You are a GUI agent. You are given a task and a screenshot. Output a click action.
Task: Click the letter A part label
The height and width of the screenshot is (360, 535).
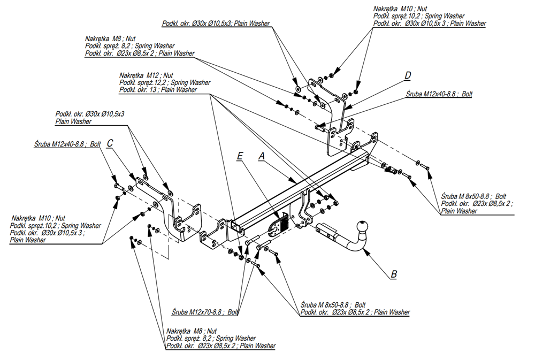pyautogui.click(x=262, y=155)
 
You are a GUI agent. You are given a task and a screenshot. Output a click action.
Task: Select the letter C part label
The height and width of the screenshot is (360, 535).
pyautogui.click(x=110, y=143)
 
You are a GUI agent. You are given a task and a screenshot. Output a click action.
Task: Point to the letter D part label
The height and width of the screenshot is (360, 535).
pyautogui.click(x=408, y=74)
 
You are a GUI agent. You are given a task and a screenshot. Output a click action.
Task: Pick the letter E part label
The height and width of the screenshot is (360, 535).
pyautogui.click(x=240, y=155)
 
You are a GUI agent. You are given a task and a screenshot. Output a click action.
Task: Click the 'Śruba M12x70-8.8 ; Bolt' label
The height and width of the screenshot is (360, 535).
pyautogui.click(x=205, y=312)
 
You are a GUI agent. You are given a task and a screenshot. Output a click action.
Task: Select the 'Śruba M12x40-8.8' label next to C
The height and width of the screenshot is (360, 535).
pyautogui.click(x=67, y=144)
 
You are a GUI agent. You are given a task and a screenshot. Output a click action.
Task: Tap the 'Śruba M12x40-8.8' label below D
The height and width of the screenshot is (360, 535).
pyautogui.click(x=439, y=94)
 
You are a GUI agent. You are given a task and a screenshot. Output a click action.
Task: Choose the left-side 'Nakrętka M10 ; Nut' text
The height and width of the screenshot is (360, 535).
pyautogui.click(x=38, y=218)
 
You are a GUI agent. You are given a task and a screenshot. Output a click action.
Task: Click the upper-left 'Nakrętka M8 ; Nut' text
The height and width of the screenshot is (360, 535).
pyautogui.click(x=110, y=39)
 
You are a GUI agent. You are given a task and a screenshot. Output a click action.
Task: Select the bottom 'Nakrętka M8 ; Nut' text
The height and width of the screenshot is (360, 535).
pyautogui.click(x=192, y=331)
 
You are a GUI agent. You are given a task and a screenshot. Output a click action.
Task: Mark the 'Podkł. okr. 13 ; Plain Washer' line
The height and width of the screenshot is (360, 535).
pyautogui.click(x=158, y=90)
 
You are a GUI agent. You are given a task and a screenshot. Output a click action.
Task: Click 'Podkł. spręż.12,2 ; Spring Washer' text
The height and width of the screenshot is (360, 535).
pyautogui.click(x=165, y=83)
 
